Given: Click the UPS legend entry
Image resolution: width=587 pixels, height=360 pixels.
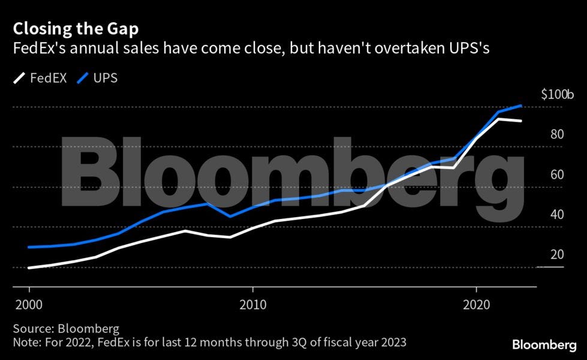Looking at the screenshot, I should pos(97,79).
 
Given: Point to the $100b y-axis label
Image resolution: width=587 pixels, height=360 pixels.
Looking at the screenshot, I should pos(557,95).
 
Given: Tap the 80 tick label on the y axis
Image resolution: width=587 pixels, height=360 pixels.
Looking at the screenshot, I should pos(557,134).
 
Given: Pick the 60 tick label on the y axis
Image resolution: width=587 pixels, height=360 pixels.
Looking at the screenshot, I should pos(557,175).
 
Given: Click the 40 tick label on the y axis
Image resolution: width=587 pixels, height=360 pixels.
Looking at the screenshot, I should pos(557,215).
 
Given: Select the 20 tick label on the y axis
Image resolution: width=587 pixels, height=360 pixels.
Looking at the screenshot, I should pos(557,255).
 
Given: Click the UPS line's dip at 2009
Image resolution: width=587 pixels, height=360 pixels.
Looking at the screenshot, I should pos(230,216).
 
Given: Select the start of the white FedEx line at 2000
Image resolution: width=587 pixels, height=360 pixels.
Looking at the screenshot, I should pos(29,268).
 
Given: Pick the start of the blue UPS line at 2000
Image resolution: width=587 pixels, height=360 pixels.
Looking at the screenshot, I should pos(29,247).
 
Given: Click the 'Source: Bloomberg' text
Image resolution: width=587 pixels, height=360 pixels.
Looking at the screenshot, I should pos(66,329).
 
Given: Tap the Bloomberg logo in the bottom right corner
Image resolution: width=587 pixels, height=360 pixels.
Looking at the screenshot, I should pos(544,344).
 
